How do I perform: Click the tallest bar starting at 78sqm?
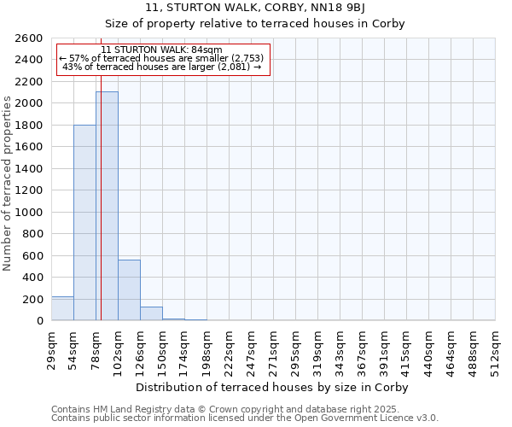click(107, 205)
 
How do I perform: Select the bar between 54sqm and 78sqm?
click(84, 222)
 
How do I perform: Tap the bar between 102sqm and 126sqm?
click(129, 290)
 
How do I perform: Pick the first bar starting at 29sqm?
click(62, 309)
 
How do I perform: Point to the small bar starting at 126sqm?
click(151, 313)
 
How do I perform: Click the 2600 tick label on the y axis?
click(29, 38)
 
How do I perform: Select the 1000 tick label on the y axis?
click(29, 212)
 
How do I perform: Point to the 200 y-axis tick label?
click(32, 299)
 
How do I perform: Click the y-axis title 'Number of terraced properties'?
click(8, 183)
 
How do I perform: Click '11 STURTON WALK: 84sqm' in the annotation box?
click(161, 50)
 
